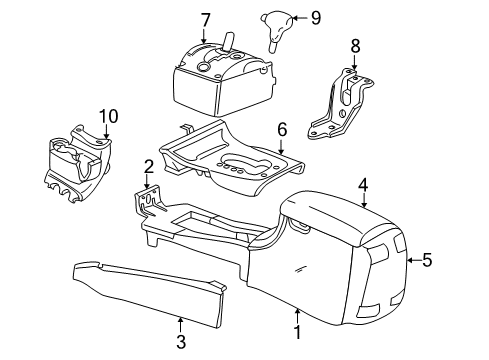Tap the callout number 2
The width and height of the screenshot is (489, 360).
pyautogui.click(x=148, y=166)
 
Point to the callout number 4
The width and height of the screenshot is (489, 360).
pyautogui.click(x=364, y=183)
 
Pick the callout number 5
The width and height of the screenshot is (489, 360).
pyautogui.click(x=427, y=260)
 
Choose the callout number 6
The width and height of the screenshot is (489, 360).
pyautogui.click(x=282, y=129)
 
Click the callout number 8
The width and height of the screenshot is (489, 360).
pyautogui.click(x=353, y=45)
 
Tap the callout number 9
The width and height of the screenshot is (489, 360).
pyautogui.click(x=287, y=16)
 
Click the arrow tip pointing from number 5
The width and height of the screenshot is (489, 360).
pyautogui.click(x=407, y=260)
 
